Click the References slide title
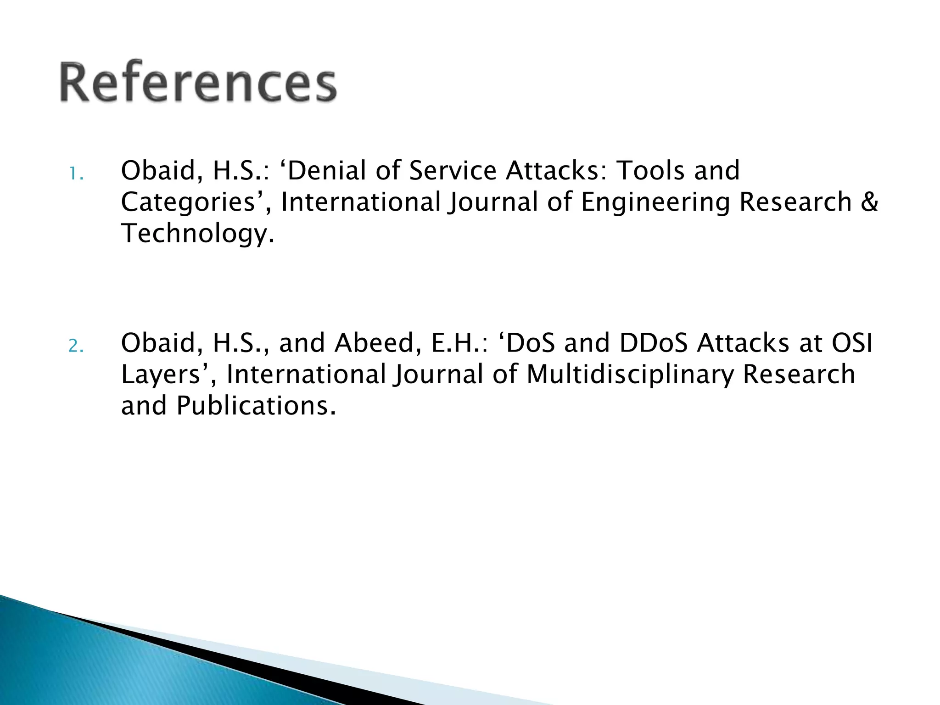[198, 83]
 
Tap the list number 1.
[75, 174]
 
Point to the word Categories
[188, 203]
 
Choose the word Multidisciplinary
[630, 374]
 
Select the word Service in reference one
[453, 171]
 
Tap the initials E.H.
[456, 343]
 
